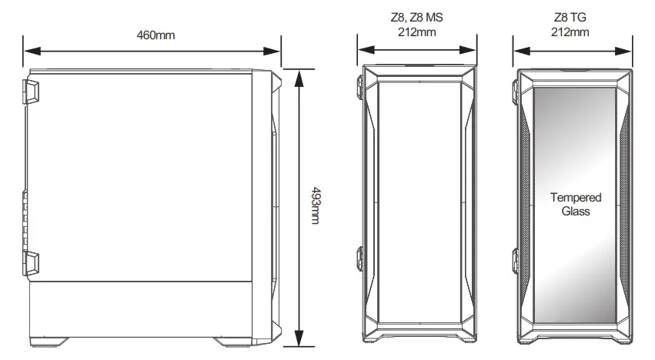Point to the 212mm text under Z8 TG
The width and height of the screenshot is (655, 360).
(x=570, y=32)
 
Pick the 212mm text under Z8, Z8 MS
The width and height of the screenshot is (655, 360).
(x=418, y=32)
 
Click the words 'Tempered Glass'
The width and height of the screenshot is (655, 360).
(x=576, y=204)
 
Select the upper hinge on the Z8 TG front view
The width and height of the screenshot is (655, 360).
(x=516, y=87)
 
